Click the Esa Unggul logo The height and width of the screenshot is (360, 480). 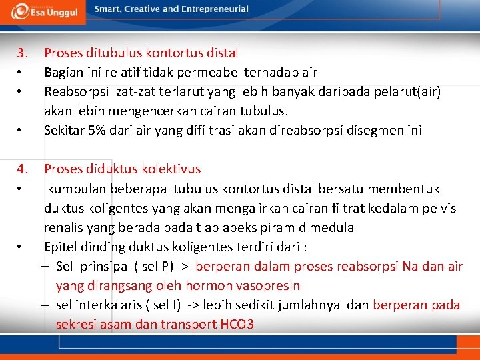45,11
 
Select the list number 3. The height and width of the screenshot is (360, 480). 23,53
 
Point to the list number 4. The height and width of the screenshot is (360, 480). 23,169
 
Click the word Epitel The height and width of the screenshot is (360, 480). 61,247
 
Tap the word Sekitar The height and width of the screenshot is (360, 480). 64,131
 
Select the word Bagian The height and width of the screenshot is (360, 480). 63,72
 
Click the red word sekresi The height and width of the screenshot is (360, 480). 77,325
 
